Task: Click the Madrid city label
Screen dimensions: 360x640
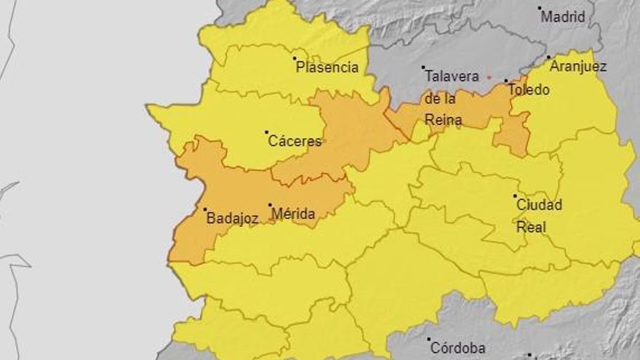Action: pyautogui.click(x=564, y=17)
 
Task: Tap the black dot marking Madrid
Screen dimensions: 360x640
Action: pyautogui.click(x=540, y=9)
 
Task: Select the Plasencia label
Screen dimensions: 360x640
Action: pyautogui.click(x=327, y=68)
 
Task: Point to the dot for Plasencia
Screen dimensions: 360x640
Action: pyautogui.click(x=295, y=58)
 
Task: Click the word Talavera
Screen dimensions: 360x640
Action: pyautogui.click(x=451, y=76)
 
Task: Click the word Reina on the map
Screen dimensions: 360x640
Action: pyautogui.click(x=443, y=120)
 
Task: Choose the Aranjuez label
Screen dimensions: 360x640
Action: pyautogui.click(x=578, y=66)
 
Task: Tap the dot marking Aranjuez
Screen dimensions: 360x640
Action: pyautogui.click(x=549, y=57)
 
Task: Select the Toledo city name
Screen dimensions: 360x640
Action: pyautogui.click(x=529, y=90)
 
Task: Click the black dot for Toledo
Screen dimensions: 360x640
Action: pyautogui.click(x=506, y=81)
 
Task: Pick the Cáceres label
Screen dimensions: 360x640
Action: pyautogui.click(x=295, y=141)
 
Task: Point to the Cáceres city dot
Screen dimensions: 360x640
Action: pyautogui.click(x=266, y=132)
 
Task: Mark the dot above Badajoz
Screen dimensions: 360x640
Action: pyautogui.click(x=204, y=209)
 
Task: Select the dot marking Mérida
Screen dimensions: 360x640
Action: pyautogui.click(x=270, y=205)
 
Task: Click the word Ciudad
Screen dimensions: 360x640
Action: pyautogui.click(x=539, y=205)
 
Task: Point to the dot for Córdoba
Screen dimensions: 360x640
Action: pyautogui.click(x=430, y=340)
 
